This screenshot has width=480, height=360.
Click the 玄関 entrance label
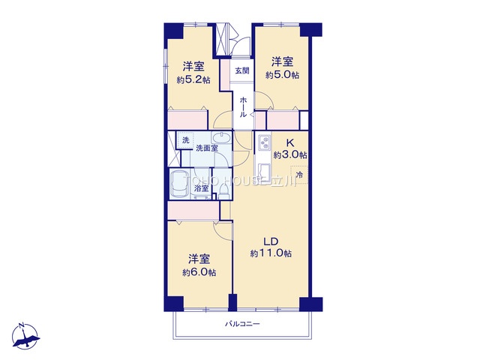click(x=241, y=70)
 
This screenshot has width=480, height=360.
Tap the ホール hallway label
click(x=243, y=107)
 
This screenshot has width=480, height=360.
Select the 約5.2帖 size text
click(x=193, y=80)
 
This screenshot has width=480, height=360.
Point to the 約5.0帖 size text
click(x=282, y=75)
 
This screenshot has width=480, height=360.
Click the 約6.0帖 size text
click(x=199, y=272)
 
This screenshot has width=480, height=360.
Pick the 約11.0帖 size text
click(x=271, y=253)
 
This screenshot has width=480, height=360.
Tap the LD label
click(x=271, y=241)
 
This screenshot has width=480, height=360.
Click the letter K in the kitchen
click(x=290, y=143)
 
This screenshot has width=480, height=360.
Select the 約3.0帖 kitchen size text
click(x=290, y=155)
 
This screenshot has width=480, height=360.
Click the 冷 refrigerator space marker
click(x=299, y=175)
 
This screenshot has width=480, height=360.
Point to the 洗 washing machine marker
click(x=186, y=140)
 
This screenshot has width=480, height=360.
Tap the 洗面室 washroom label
click(x=207, y=148)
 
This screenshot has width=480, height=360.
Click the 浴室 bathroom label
click(x=201, y=188)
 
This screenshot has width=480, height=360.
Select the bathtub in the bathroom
click(x=180, y=184)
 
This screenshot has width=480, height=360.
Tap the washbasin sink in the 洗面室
click(x=221, y=138)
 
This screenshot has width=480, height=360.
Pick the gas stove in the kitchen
click(x=264, y=142)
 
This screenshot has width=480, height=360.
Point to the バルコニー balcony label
click(x=242, y=323)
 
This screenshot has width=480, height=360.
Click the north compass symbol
click(x=25, y=336)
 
